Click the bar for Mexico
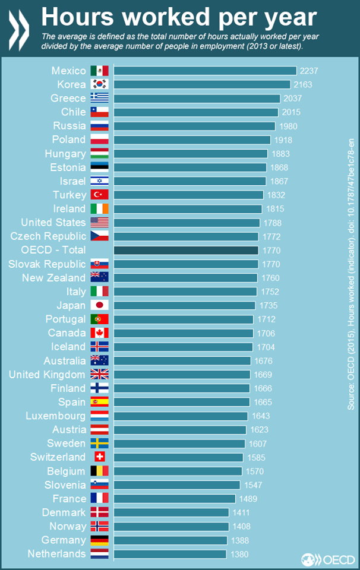pos(205,71)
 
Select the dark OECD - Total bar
pos(186,250)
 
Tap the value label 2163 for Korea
pos(302,85)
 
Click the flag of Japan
pos(100,305)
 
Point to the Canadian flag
pos(100,332)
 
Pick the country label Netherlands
pos(56,554)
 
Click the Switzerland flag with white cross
pos(100,457)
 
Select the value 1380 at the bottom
pos(239,554)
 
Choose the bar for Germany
pos(170,540)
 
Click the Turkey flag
pos(100,195)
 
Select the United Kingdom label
pos(47,375)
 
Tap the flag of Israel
pos(100,181)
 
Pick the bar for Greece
pos(197,98)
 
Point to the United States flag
pos(100,223)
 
